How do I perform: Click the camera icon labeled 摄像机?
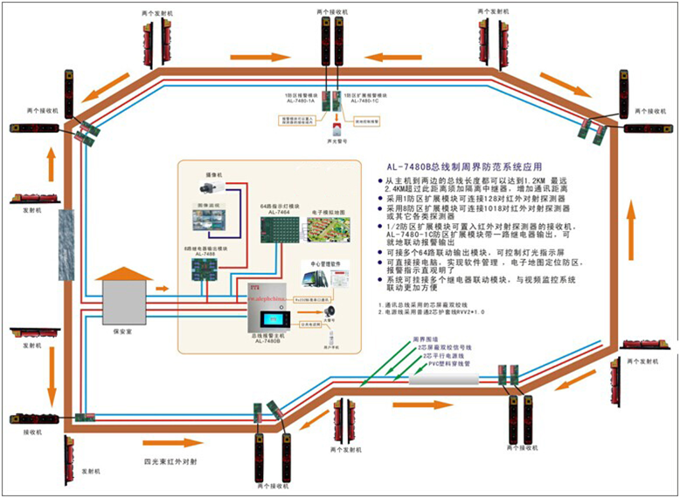[x=212, y=186]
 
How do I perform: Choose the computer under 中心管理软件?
[x=312, y=278]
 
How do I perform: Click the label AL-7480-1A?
[x=299, y=101]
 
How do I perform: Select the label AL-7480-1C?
[x=365, y=101]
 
